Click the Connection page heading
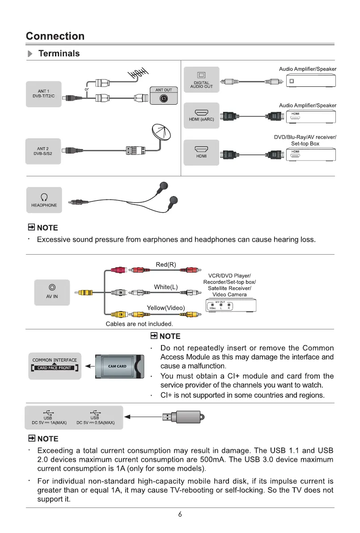(55, 36)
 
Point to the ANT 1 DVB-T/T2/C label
(43, 94)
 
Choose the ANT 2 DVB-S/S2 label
(43, 151)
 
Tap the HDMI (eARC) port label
(202, 119)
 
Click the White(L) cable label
(166, 286)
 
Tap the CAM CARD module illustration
(118, 367)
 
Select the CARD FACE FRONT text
(55, 368)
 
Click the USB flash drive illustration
(183, 417)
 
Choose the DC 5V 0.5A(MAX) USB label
(96, 422)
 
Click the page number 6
(180, 515)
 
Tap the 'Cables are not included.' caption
(139, 324)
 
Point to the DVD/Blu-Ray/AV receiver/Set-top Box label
(305, 140)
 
